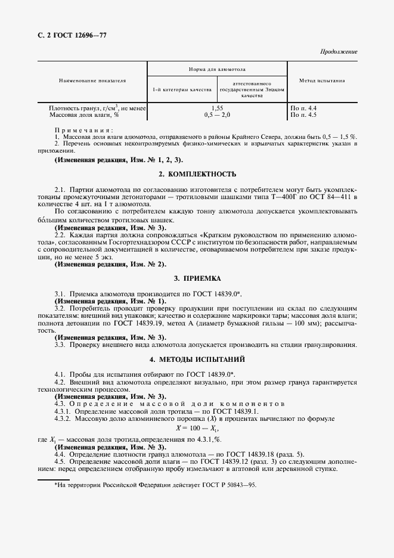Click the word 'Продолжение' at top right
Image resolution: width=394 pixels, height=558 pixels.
338,52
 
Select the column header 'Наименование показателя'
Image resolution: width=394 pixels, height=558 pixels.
92,80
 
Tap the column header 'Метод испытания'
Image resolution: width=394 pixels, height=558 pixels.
322,80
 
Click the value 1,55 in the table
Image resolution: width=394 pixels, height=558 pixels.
217,108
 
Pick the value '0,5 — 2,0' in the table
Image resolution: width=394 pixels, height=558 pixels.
217,114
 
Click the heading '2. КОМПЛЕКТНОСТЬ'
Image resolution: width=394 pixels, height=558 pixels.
197,175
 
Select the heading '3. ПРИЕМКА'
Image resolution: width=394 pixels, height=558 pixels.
197,278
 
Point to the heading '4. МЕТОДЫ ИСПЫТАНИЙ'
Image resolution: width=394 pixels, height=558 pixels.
197,359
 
